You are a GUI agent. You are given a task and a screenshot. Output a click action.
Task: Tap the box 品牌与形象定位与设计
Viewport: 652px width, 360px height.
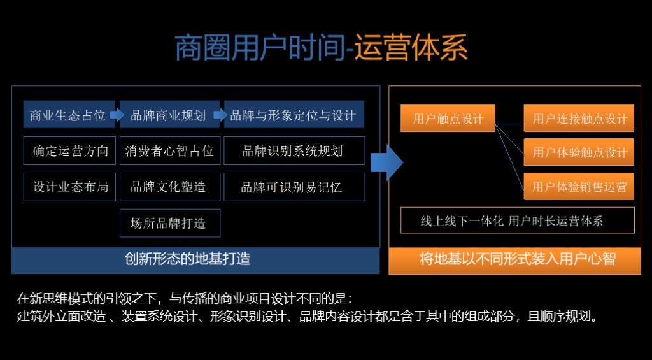point(294,114)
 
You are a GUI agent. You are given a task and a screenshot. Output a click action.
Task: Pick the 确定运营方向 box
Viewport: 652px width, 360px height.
point(69,150)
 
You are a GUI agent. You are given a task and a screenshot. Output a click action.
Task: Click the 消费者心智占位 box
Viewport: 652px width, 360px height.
point(170,150)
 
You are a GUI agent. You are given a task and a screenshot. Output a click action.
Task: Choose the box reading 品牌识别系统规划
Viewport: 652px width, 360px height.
point(294,150)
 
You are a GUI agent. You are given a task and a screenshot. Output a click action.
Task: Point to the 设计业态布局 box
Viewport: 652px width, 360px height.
point(69,187)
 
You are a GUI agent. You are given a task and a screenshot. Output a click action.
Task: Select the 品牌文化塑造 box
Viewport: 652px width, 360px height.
point(170,187)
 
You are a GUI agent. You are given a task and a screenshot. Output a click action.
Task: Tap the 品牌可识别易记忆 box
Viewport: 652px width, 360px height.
point(294,187)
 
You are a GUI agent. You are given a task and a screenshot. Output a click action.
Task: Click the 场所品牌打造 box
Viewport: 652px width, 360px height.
point(170,223)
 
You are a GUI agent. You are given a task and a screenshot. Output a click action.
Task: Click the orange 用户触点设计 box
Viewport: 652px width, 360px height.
point(448,119)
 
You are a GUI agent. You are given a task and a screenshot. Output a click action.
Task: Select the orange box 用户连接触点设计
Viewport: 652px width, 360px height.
point(579,119)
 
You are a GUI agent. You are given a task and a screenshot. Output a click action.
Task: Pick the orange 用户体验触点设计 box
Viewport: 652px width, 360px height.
point(579,152)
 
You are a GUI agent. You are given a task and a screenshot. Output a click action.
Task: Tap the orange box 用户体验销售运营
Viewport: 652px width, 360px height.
point(579,186)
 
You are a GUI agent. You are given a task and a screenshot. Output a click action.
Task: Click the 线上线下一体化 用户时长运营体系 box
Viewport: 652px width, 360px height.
point(518,220)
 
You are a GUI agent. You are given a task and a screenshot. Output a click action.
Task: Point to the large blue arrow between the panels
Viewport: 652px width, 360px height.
point(386,162)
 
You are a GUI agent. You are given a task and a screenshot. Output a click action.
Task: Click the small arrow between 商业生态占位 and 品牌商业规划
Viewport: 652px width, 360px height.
point(117,115)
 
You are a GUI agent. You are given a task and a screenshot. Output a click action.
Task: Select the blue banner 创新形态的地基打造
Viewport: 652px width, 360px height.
point(195,261)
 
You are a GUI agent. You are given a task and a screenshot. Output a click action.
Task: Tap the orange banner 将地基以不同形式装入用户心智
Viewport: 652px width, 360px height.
point(514,261)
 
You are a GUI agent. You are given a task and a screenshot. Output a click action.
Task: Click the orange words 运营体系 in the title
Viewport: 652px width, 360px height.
point(411,47)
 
